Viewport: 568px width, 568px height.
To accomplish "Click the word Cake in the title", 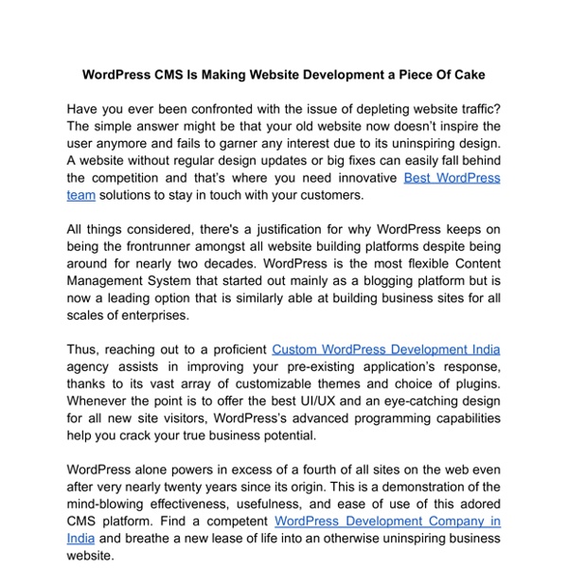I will point(466,73).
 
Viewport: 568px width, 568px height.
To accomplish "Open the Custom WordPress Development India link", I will point(385,349).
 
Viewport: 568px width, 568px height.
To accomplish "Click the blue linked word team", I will point(80,195).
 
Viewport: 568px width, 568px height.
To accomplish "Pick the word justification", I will point(290,229).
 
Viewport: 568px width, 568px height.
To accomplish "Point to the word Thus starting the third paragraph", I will point(83,349).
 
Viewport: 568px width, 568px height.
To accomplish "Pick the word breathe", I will point(165,539).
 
